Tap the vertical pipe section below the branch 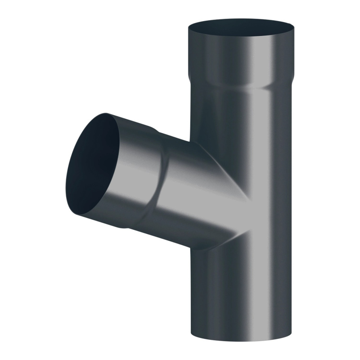[x=237, y=292]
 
